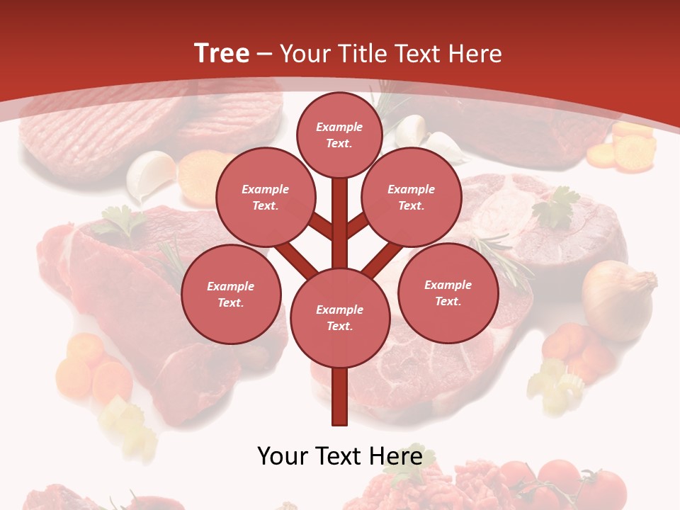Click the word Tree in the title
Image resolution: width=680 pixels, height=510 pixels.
pyautogui.click(x=222, y=53)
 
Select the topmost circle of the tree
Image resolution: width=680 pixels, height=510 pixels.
pyautogui.click(x=339, y=135)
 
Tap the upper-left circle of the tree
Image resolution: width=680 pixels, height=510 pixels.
pyautogui.click(x=265, y=197)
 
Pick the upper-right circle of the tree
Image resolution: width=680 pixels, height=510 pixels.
pyautogui.click(x=411, y=197)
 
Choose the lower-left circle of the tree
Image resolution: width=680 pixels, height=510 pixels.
pyautogui.click(x=230, y=294)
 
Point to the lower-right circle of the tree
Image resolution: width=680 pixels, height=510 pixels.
pyautogui.click(x=448, y=293)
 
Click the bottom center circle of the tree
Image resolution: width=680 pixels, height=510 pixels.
pyautogui.click(x=339, y=317)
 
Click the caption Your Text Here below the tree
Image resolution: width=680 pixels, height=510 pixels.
pyautogui.click(x=339, y=455)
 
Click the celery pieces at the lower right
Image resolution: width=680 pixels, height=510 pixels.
pyautogui.click(x=556, y=382)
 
